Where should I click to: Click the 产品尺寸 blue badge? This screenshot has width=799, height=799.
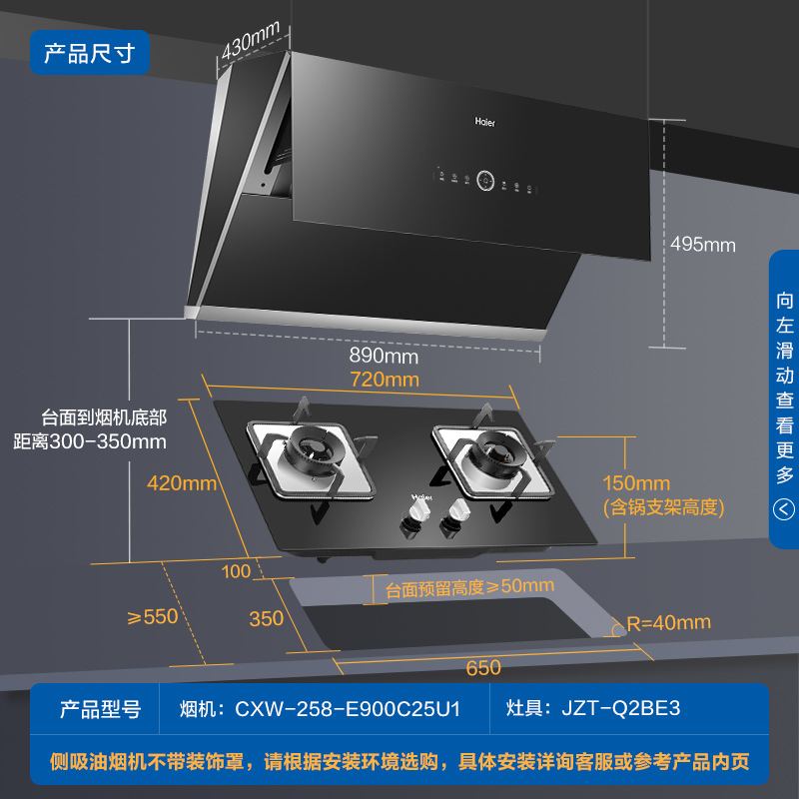(x=90, y=53)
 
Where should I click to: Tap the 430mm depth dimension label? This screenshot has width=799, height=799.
(x=251, y=40)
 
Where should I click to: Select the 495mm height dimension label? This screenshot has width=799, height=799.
(x=703, y=245)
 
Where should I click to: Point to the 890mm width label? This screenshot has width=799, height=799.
(x=384, y=356)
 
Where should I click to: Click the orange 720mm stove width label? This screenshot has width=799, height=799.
(x=385, y=380)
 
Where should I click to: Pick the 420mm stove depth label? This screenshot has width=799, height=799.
(x=182, y=483)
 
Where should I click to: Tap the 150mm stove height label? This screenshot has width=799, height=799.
(x=636, y=483)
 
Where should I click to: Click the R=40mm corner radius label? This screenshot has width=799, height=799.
(x=668, y=622)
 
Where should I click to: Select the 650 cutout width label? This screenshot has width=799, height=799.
(x=483, y=667)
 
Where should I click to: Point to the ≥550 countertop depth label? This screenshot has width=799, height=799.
(x=153, y=616)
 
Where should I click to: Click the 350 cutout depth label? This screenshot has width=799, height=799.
(x=266, y=618)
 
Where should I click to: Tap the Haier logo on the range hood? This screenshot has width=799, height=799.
(x=485, y=122)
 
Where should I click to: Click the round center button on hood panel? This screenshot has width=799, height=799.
(x=485, y=181)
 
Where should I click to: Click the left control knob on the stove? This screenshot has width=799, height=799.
(x=414, y=517)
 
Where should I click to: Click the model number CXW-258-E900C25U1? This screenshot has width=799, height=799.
(x=348, y=709)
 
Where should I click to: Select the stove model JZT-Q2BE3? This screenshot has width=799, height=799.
(x=620, y=708)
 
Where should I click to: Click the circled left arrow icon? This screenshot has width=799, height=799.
(x=784, y=508)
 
